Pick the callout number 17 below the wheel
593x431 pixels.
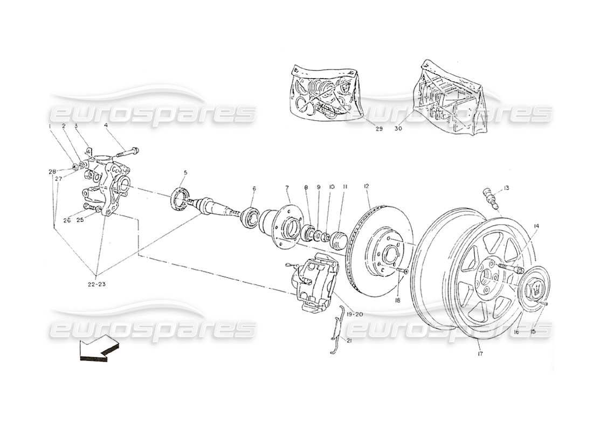pyautogui.click(x=480, y=354)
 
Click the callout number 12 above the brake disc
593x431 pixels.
pyautogui.click(x=367, y=186)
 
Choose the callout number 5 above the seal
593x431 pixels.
pyautogui.click(x=185, y=172)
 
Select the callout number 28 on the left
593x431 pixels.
pyautogui.click(x=52, y=171)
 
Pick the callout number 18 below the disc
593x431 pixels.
pyautogui.click(x=397, y=300)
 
